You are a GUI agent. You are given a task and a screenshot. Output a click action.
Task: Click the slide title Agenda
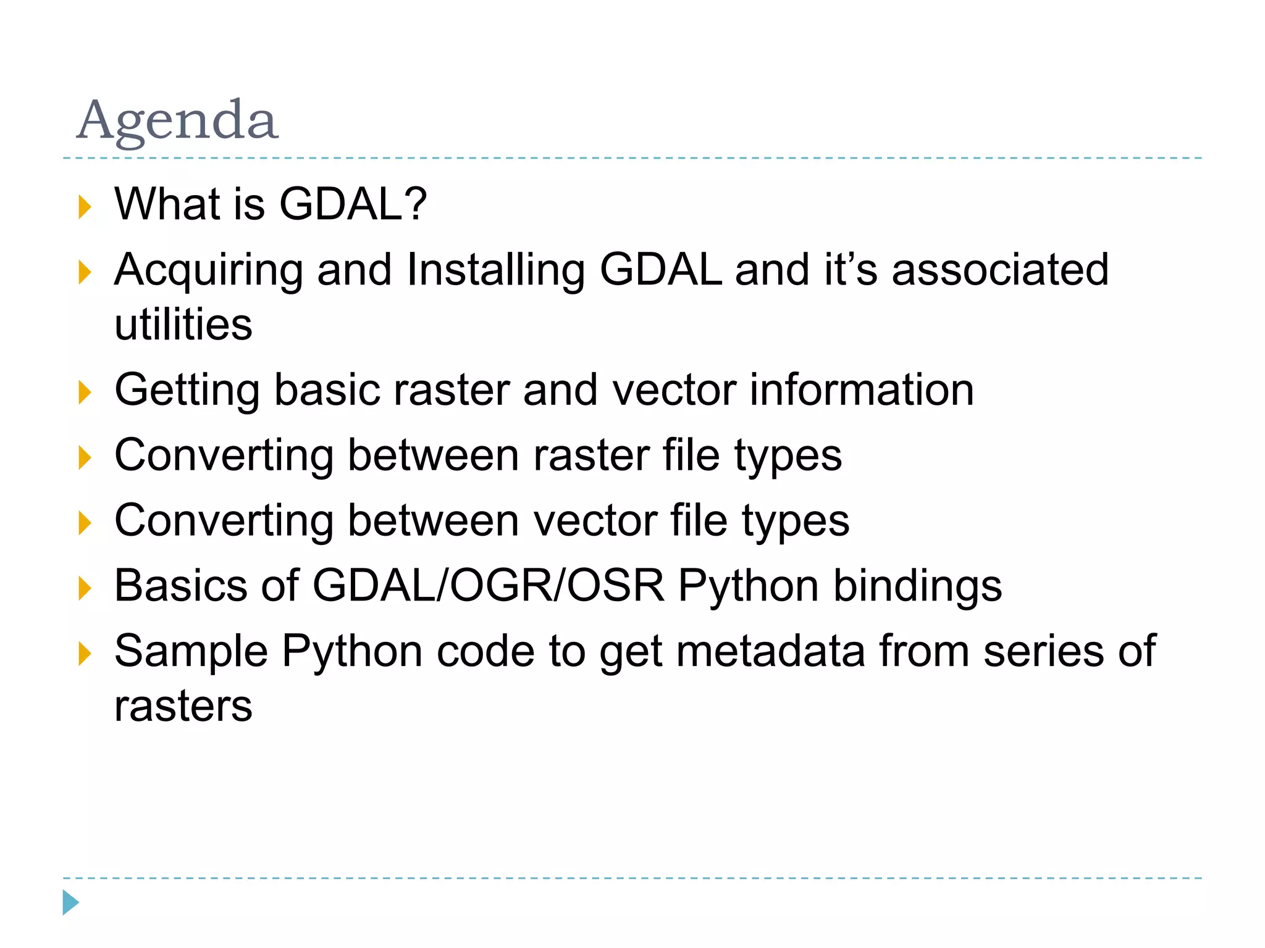(x=177, y=120)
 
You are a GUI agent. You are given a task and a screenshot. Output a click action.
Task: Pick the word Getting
(x=187, y=391)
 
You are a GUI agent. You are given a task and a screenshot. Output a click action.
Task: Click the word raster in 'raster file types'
(x=590, y=455)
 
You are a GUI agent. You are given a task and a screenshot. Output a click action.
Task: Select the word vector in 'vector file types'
(x=595, y=521)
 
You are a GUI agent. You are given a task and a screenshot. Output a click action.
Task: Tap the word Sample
(x=191, y=651)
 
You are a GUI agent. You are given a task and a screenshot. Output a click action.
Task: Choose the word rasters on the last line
(x=183, y=705)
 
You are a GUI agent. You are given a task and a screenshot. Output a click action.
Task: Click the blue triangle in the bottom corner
(x=70, y=902)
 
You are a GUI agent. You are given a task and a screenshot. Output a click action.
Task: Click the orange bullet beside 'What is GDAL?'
(x=85, y=207)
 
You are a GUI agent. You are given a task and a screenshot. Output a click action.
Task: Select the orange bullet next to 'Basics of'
(x=85, y=588)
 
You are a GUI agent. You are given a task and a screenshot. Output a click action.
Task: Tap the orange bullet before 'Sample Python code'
(x=85, y=654)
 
